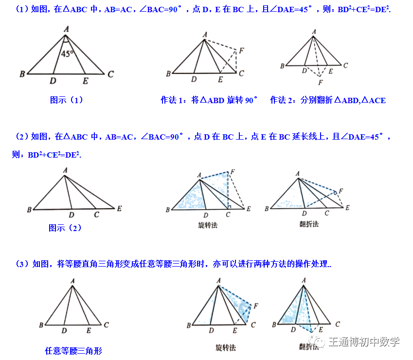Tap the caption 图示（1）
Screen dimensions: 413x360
67,100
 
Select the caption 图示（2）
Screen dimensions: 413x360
65,228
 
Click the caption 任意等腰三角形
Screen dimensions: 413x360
73,350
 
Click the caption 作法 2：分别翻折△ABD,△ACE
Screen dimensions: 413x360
328,100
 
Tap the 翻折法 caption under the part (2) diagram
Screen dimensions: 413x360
309,224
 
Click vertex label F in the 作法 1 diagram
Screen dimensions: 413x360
242,50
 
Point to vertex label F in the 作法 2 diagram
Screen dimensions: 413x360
320,83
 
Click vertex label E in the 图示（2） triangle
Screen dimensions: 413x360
120,208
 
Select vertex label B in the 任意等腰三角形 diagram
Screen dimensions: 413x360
41,325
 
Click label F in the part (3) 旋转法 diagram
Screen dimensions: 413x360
256,306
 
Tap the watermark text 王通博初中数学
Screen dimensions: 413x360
364,342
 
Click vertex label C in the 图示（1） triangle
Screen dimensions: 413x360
111,74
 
